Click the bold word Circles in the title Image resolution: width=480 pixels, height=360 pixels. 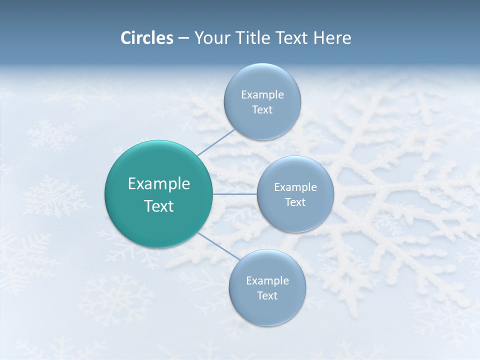pos(146,38)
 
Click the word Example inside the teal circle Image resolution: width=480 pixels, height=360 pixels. pos(159,184)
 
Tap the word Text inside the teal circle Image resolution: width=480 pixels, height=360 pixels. pos(159,206)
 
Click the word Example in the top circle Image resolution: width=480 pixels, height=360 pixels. pos(262,95)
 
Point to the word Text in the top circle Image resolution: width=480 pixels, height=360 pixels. pos(262,110)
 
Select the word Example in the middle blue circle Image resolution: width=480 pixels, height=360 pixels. pos(295,187)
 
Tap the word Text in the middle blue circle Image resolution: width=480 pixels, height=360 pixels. pos(295,202)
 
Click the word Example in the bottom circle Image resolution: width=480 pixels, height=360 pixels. pos(267,281)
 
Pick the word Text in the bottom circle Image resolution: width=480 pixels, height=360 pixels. pos(267,296)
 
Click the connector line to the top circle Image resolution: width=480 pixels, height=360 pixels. pos(216,142)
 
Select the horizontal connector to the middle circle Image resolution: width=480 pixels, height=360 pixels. pos(235,194)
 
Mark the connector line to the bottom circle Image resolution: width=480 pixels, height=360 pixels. pos(218,246)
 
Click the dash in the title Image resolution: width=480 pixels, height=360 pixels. pos(183,38)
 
